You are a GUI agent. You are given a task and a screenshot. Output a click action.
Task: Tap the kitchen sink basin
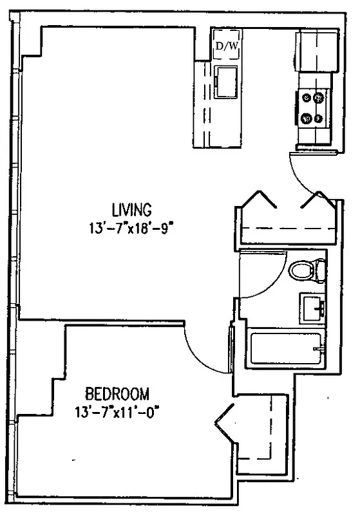click(x=227, y=82)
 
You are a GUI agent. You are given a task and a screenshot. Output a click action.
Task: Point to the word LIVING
click(x=131, y=209)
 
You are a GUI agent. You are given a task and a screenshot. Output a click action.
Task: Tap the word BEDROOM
click(x=118, y=392)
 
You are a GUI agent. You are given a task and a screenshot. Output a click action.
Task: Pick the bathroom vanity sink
click(x=312, y=307)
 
